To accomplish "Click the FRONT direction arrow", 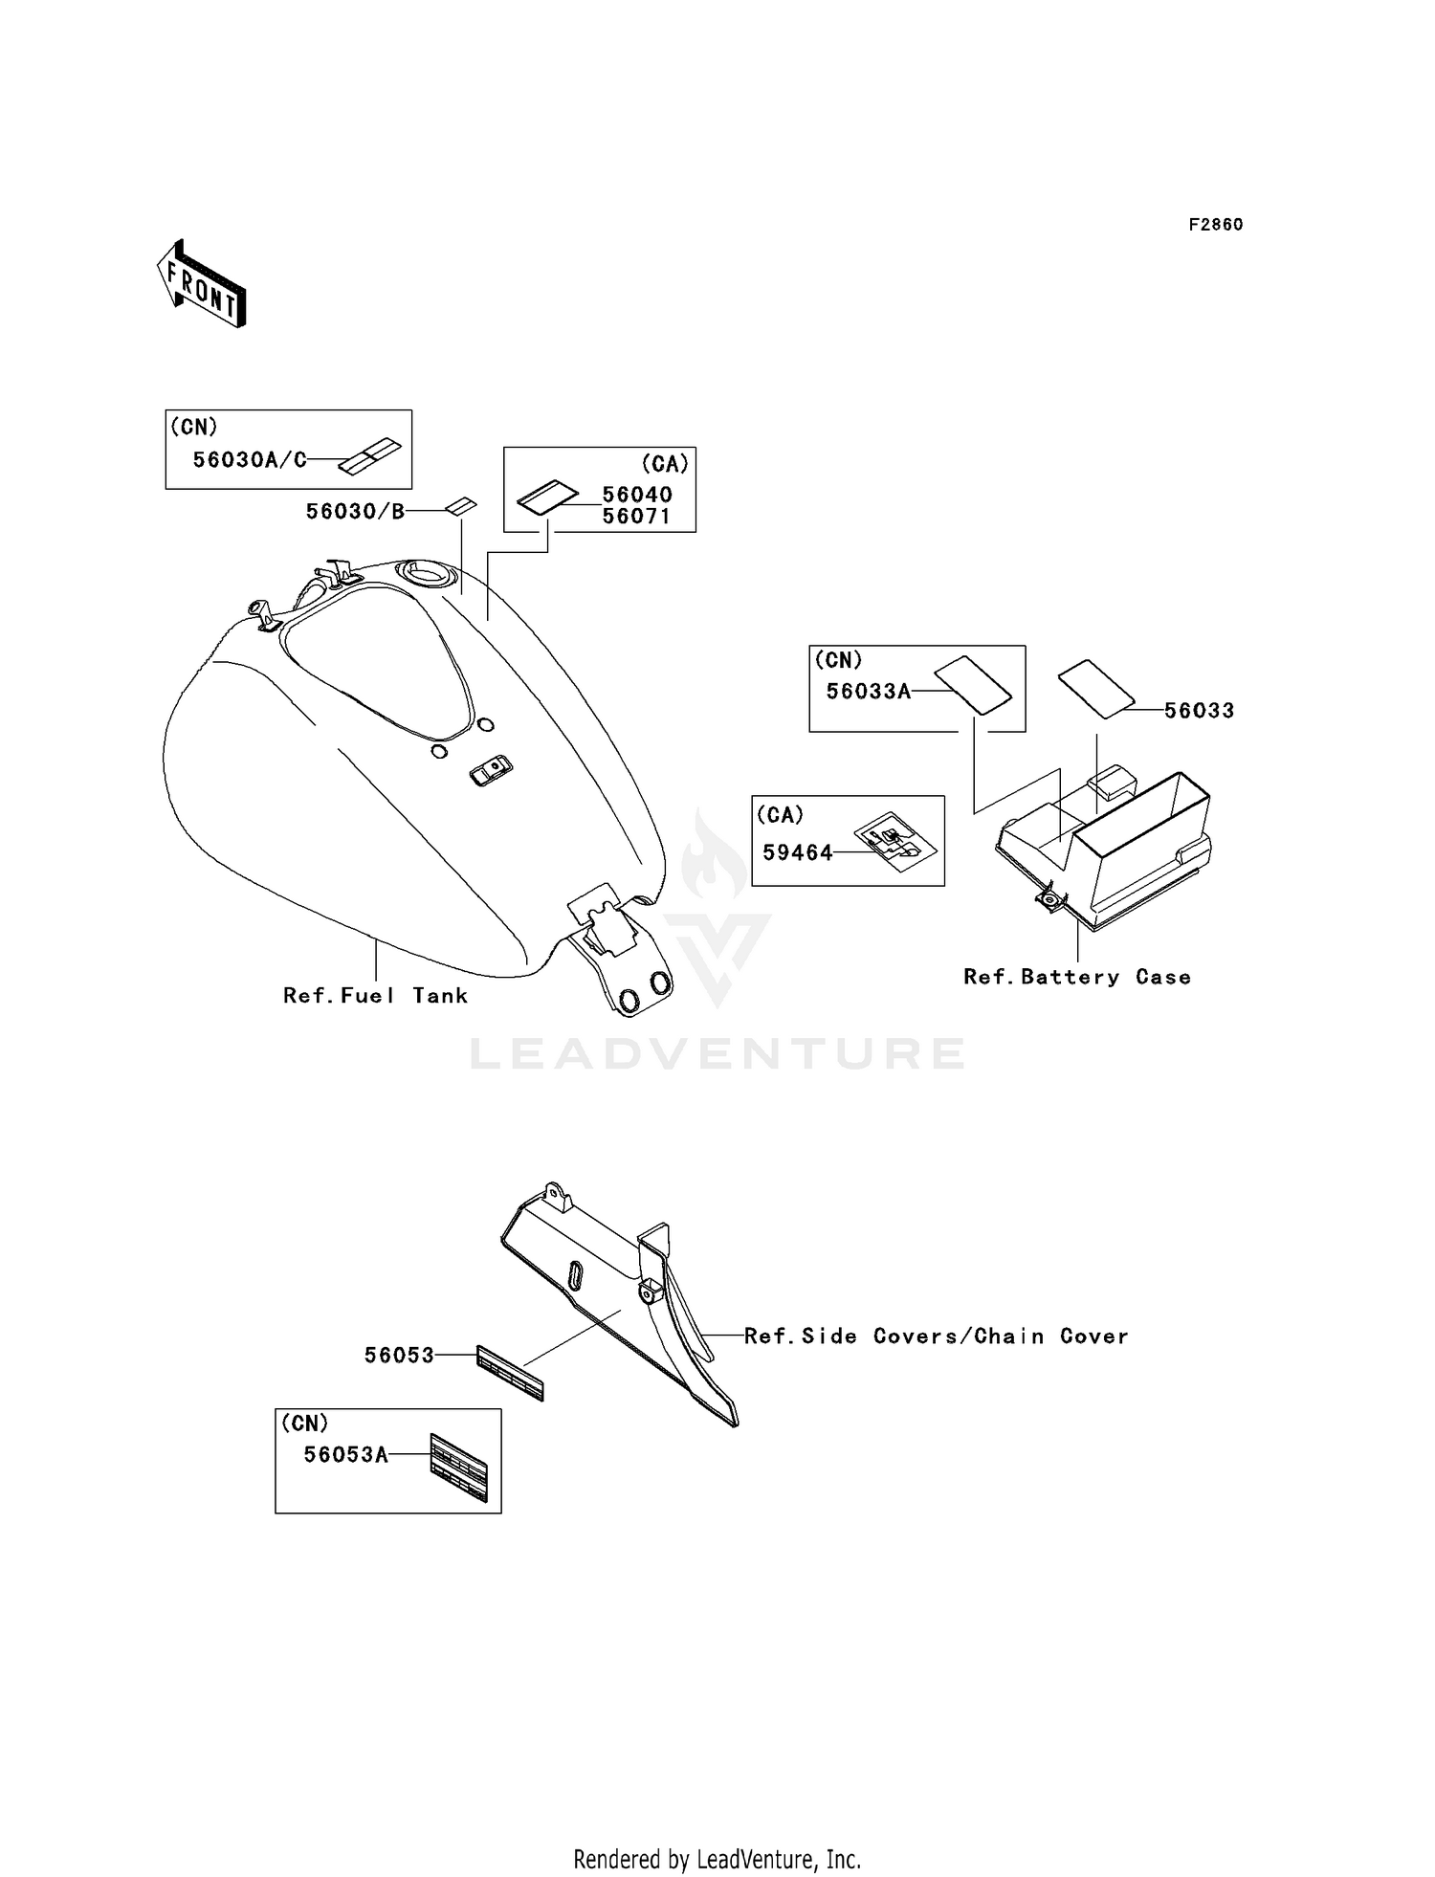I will tap(202, 284).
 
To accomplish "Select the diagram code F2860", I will tap(1215, 225).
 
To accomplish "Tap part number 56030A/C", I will tap(250, 460).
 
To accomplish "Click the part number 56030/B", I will tap(355, 512).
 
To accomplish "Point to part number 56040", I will tap(637, 495).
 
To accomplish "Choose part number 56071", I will tap(637, 517).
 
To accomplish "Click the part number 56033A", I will tap(869, 692).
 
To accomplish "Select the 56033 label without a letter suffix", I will tap(1200, 711).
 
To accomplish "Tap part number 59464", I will tap(798, 852).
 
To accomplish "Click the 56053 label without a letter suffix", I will tap(399, 1356).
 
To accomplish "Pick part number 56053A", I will tap(346, 1455).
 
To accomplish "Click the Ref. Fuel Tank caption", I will tap(375, 996).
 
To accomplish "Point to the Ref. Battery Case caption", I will tap(1077, 977).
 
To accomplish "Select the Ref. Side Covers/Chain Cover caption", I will tap(936, 1336).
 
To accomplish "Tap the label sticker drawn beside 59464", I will tap(894, 842).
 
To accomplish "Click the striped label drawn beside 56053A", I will tap(459, 1466).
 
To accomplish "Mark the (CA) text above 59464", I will tap(780, 815).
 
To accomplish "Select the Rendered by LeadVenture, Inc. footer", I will tap(717, 1859).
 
